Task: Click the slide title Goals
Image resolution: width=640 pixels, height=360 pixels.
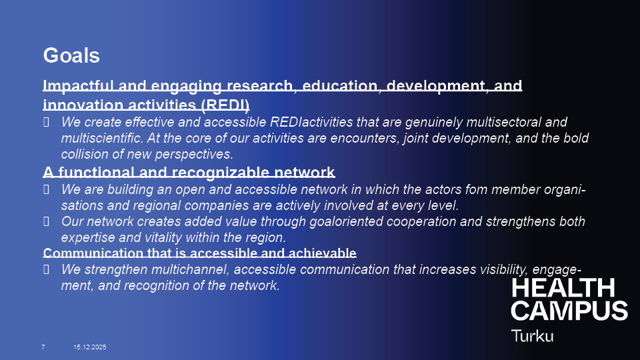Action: click(x=71, y=55)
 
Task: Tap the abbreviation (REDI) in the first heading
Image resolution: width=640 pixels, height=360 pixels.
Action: click(x=225, y=105)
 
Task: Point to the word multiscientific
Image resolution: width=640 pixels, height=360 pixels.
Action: click(x=102, y=138)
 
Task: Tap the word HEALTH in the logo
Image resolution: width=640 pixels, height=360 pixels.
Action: click(x=563, y=288)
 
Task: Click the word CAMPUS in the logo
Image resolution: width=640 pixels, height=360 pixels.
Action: click(x=569, y=311)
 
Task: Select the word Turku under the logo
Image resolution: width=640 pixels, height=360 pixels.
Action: click(x=533, y=336)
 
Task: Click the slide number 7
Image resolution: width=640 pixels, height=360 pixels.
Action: click(x=43, y=347)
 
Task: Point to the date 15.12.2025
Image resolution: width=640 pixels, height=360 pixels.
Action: click(x=90, y=347)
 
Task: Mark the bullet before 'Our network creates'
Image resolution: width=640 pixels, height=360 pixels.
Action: click(x=46, y=221)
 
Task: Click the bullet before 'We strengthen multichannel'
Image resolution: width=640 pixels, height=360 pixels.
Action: click(x=46, y=269)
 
